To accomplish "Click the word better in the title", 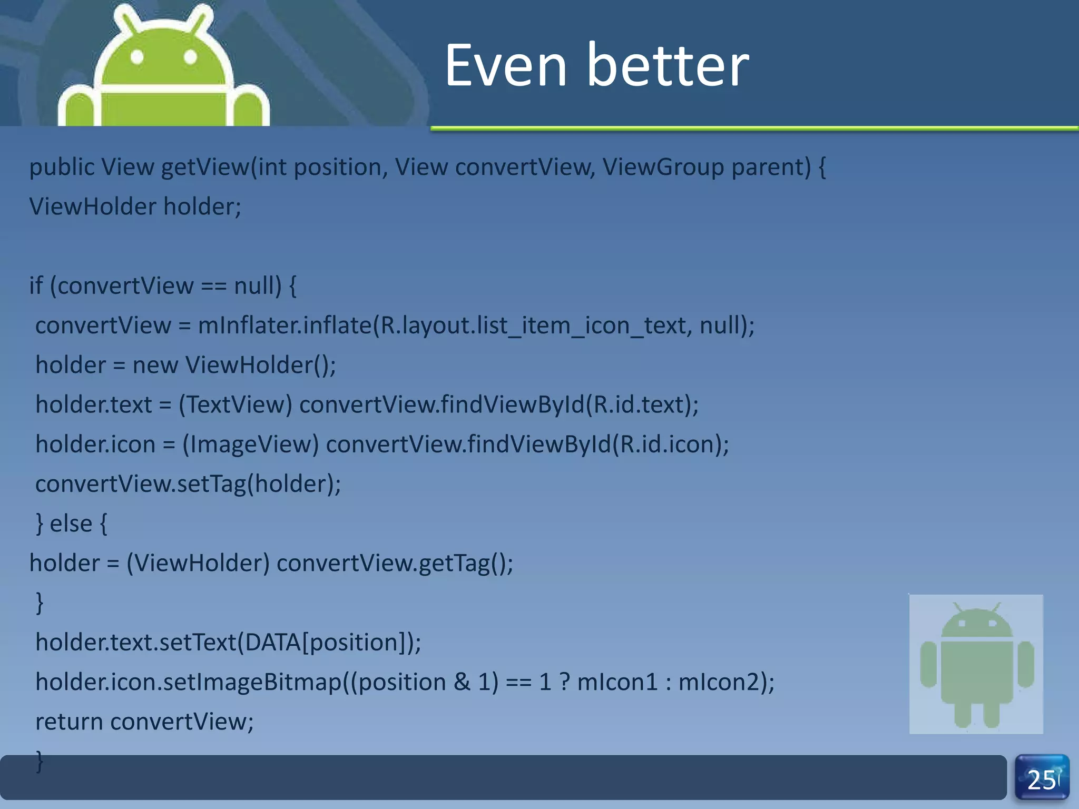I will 668,66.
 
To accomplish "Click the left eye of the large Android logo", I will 137,56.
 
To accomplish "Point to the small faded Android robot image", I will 976,664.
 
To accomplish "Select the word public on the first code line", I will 62,167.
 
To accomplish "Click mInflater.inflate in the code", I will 285,325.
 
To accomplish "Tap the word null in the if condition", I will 254,286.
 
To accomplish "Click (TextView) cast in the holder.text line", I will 236,405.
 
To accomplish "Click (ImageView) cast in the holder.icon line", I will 251,445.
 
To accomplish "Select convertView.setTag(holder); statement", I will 188,484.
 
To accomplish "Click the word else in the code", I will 71,524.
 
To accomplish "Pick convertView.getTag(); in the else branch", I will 395,564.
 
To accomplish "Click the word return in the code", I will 69,722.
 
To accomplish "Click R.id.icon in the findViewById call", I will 668,445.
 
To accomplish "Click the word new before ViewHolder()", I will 155,366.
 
